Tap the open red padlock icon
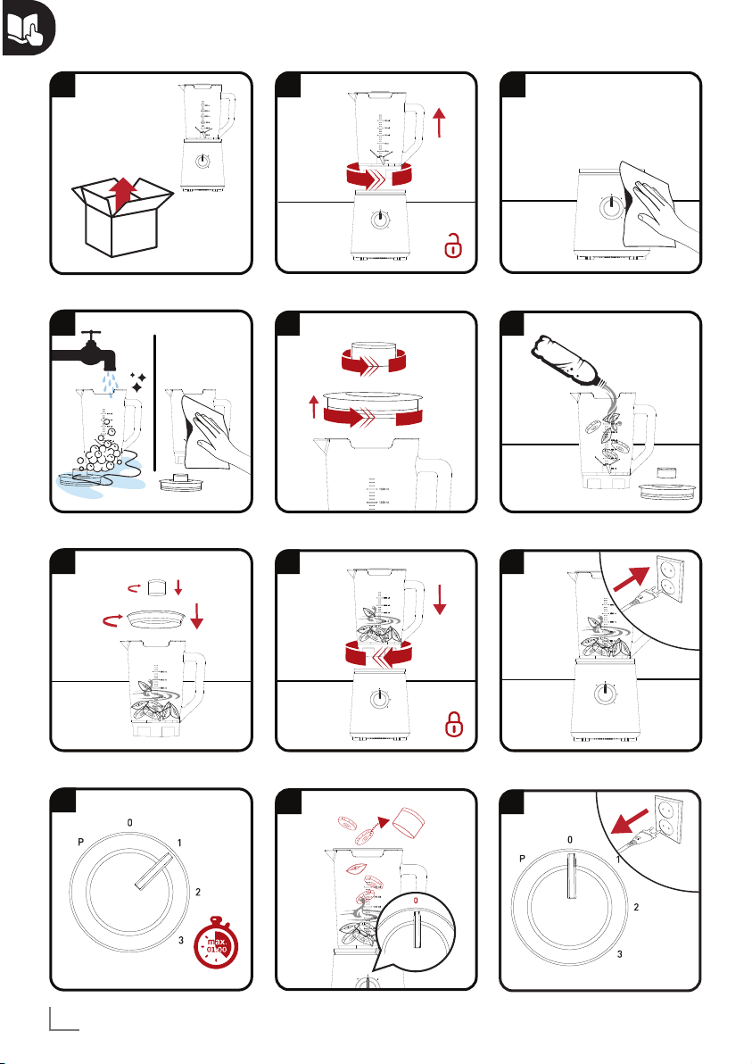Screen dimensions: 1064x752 pyautogui.click(x=454, y=245)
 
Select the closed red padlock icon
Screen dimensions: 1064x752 pyautogui.click(x=454, y=724)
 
